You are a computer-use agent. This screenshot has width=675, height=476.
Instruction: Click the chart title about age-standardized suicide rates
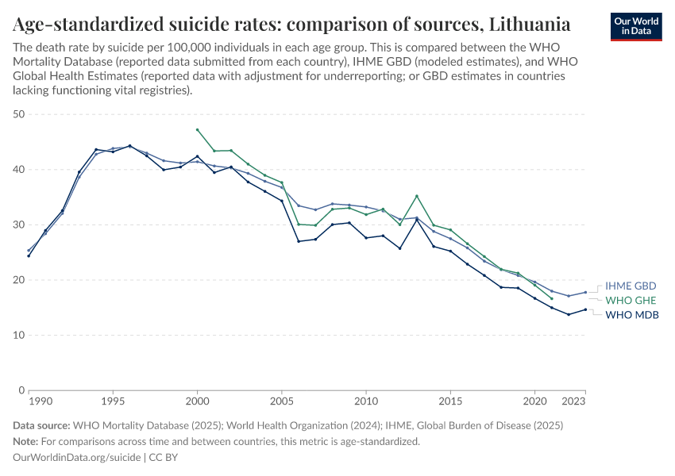tap(291, 25)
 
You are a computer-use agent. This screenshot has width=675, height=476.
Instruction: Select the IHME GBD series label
tap(631, 286)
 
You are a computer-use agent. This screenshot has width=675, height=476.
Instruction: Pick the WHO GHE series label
tap(631, 301)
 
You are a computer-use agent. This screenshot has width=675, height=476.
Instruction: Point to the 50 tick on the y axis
tap(20, 114)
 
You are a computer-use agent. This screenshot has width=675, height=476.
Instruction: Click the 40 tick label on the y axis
tap(20, 170)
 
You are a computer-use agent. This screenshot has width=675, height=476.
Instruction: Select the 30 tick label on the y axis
tap(20, 225)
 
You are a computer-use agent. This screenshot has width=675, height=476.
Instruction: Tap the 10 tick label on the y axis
tap(20, 335)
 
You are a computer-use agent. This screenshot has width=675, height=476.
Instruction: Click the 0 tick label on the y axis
tap(23, 390)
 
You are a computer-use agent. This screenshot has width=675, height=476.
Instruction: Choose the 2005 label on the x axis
tap(281, 402)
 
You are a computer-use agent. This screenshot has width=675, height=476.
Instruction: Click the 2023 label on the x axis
tap(573, 402)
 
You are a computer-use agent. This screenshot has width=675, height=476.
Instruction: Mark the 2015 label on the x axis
tap(450, 402)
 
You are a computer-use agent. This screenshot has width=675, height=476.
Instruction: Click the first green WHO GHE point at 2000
tap(198, 130)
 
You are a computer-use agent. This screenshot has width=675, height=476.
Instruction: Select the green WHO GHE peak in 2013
tap(417, 196)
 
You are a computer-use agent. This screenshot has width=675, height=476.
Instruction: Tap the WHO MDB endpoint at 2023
tap(585, 309)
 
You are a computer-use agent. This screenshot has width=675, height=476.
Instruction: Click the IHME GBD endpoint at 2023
tap(585, 292)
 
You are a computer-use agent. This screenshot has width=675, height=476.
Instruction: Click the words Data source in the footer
tap(41, 425)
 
